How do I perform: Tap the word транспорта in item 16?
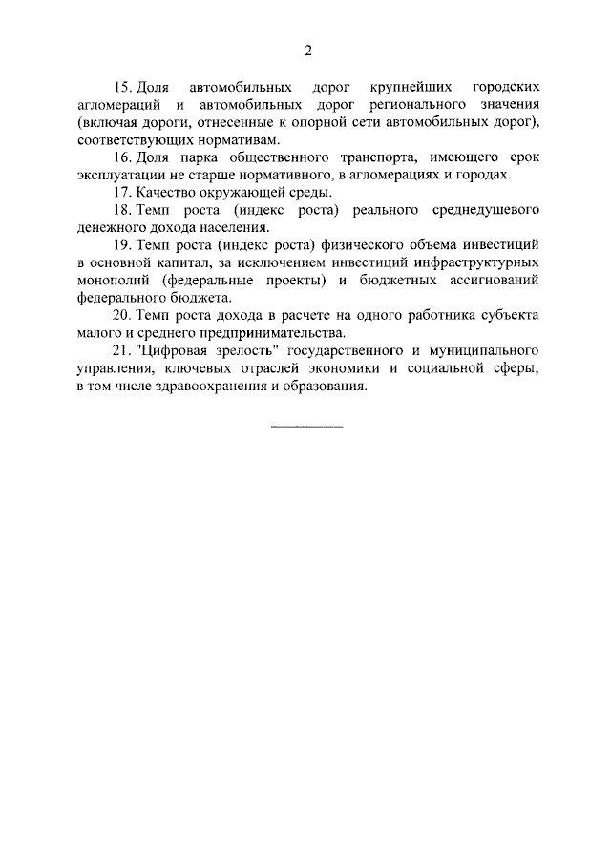pos(365,157)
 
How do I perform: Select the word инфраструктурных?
pos(480,262)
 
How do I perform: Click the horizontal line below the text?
pos(306,427)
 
